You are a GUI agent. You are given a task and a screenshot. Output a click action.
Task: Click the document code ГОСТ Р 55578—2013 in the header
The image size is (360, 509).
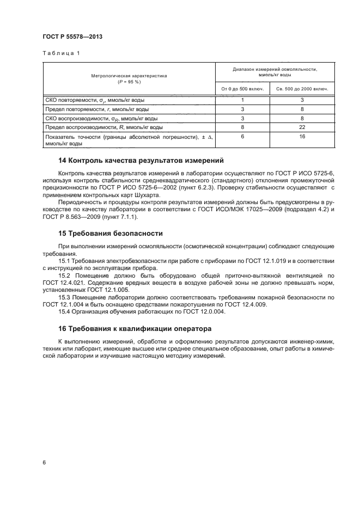tap(72, 36)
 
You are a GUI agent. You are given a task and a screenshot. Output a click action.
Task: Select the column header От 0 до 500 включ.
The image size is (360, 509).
tap(242, 88)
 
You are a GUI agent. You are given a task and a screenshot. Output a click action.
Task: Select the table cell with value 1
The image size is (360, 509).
tap(242, 100)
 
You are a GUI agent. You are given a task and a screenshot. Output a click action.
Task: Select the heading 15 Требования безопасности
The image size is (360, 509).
tap(111, 234)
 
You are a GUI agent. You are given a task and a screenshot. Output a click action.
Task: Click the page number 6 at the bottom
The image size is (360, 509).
tap(44, 462)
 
